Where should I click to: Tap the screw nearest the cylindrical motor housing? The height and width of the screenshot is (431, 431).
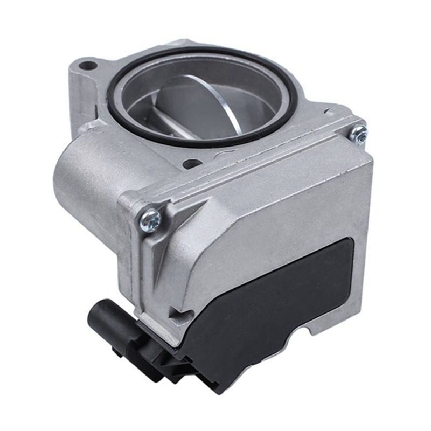pos(150,219)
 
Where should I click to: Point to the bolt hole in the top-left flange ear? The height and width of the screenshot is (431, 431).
pos(88,67)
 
